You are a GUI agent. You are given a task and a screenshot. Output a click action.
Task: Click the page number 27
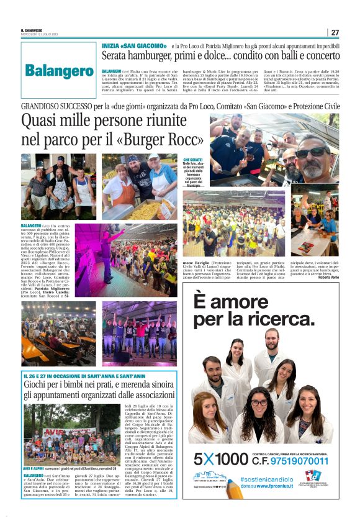[335, 32]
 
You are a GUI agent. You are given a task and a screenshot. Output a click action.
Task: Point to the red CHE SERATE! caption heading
[192, 160]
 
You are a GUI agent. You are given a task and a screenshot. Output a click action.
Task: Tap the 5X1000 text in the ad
[220, 460]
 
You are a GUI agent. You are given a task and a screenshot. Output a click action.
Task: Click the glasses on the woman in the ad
[259, 402]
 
